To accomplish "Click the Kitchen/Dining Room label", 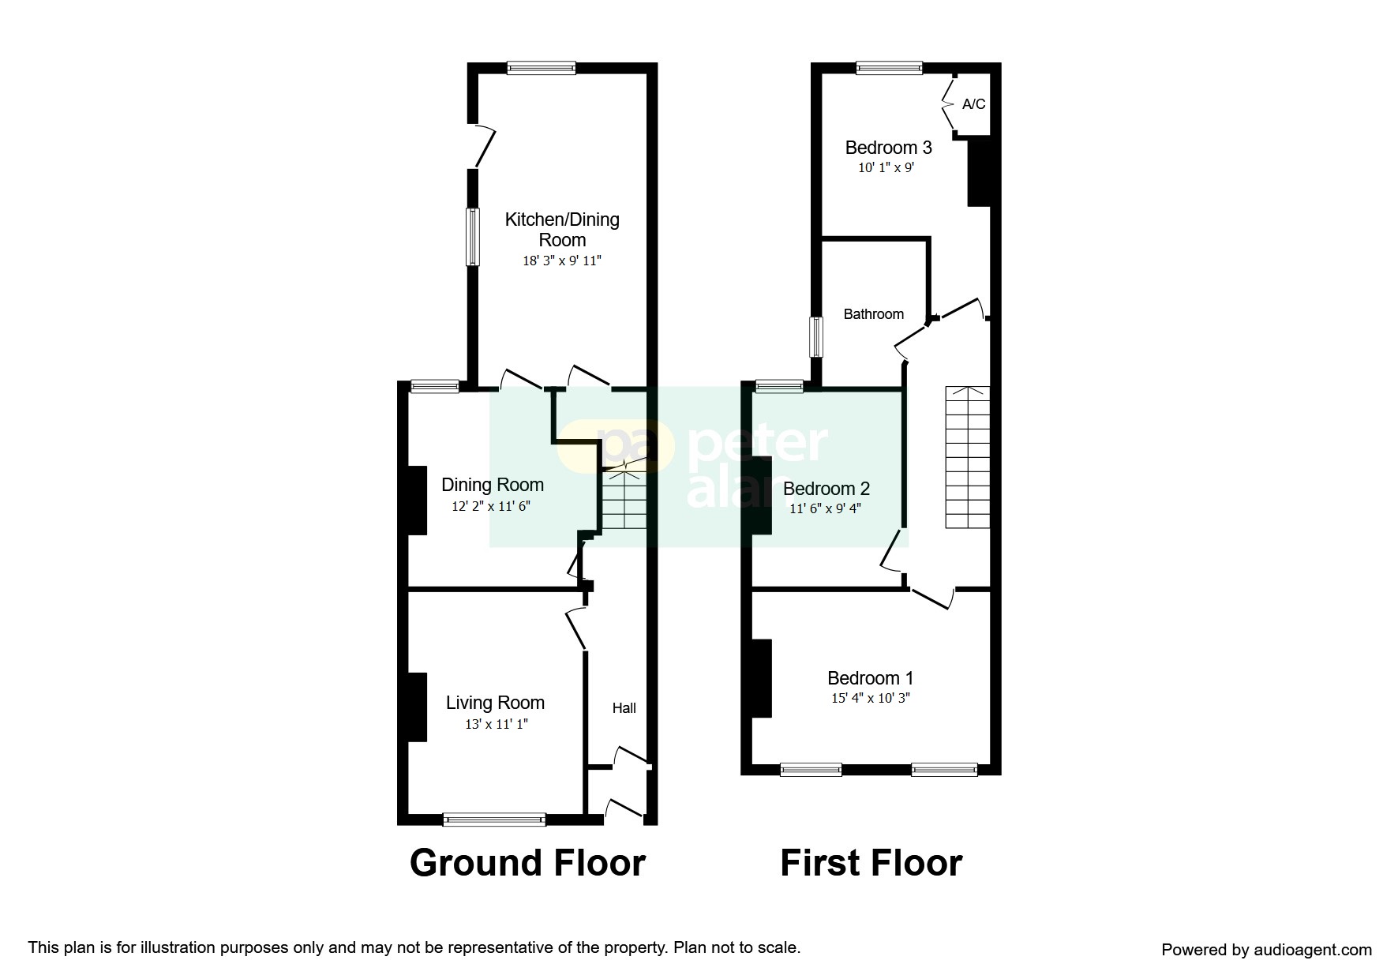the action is point(562,230).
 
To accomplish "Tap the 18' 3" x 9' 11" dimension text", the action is point(562,261).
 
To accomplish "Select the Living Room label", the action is point(495,703).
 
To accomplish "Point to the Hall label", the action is point(624,708).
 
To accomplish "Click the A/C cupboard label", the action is point(974,104).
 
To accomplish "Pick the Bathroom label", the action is point(874,314).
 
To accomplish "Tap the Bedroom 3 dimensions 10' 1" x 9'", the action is point(886,167).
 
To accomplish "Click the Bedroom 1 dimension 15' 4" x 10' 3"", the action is point(871,698).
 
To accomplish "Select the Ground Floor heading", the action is point(527,863).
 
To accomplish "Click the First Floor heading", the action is point(871,863).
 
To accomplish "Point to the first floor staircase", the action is point(968,457).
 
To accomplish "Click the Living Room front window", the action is point(494,820).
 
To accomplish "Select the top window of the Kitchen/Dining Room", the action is point(542,68).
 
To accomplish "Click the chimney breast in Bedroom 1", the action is point(761,678).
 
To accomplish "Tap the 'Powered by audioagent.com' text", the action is point(1266,950).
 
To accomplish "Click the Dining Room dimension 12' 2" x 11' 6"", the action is point(491,506).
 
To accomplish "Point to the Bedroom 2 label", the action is point(826,489).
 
